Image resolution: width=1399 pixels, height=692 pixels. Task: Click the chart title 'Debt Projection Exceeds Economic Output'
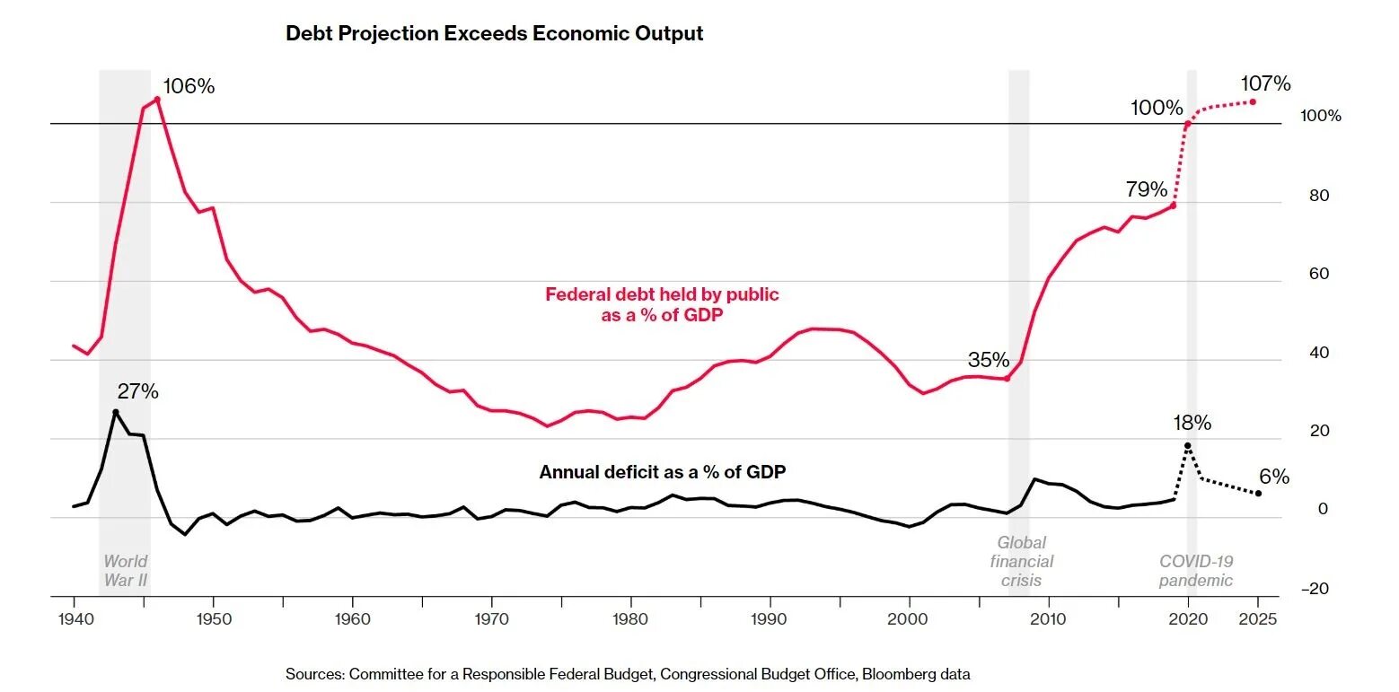[x=494, y=34]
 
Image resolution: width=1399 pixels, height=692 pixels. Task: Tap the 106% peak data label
[x=189, y=87]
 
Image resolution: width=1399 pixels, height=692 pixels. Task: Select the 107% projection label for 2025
[x=1265, y=84]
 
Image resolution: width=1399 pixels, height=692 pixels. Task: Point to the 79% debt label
[x=1147, y=190]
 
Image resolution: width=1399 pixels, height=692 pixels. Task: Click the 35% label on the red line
[x=989, y=361]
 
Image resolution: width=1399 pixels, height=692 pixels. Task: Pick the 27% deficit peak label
[x=138, y=392]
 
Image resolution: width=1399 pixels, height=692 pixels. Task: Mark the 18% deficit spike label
[x=1192, y=423]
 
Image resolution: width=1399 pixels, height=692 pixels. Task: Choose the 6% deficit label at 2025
[x=1275, y=477]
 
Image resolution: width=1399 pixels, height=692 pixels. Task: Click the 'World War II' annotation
[x=125, y=571]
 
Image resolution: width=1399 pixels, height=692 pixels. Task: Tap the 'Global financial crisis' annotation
[x=1022, y=562]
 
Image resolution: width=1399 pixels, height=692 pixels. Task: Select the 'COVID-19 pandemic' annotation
[x=1196, y=571]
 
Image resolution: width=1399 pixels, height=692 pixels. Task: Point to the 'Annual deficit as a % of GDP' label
[x=663, y=472]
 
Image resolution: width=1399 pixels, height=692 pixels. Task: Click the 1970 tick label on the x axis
[x=491, y=619]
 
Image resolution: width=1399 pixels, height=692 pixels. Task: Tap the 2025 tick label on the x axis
[x=1258, y=619]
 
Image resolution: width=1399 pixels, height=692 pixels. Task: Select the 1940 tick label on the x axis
[x=74, y=619]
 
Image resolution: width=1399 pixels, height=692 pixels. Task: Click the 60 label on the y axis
[x=1319, y=275]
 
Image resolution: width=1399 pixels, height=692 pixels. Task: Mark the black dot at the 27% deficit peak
[x=115, y=412]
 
